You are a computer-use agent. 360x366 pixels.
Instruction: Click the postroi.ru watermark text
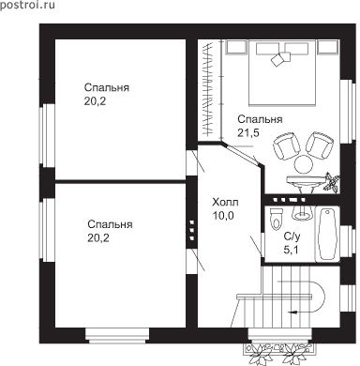(x=27, y=5)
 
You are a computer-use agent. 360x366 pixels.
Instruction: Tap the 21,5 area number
(x=248, y=133)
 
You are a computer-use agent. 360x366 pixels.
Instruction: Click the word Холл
(x=225, y=202)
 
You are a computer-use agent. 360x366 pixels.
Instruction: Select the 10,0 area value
(x=223, y=216)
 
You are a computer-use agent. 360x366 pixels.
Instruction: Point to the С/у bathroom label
(x=292, y=236)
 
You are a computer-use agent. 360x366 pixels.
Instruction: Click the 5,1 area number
(x=291, y=250)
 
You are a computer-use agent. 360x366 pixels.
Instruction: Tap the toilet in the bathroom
(x=277, y=218)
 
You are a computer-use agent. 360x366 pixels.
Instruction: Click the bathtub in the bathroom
(x=327, y=234)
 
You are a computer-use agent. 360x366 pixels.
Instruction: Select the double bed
(x=282, y=72)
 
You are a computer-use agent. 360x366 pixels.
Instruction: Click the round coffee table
(x=303, y=164)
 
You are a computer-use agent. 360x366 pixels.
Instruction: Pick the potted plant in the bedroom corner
(x=332, y=181)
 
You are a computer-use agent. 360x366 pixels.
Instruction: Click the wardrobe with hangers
(x=210, y=90)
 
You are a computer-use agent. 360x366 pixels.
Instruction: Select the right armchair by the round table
(x=320, y=145)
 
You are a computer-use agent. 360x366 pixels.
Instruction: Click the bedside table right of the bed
(x=328, y=48)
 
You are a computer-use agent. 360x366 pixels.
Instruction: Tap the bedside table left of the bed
(x=236, y=48)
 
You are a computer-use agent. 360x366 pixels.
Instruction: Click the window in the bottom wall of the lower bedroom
(x=117, y=335)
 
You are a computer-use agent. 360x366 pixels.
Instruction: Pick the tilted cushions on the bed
(x=280, y=58)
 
